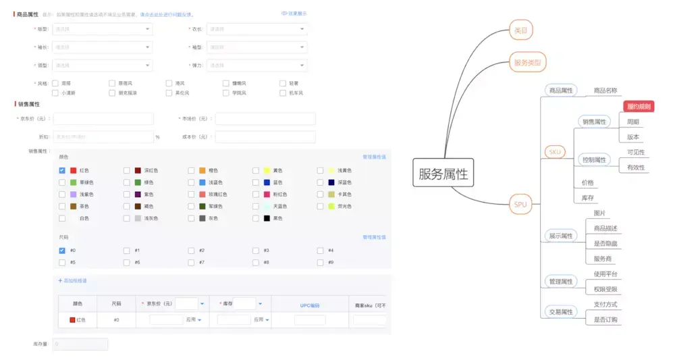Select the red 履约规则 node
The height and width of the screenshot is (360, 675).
point(639,106)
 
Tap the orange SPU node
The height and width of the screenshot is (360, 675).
point(520,204)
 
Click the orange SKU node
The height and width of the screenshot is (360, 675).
point(556,152)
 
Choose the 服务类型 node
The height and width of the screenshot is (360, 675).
point(526,62)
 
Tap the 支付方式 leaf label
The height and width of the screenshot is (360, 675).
point(605,304)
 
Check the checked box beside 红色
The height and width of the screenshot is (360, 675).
point(62,170)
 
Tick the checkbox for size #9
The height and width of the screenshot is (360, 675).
point(320,262)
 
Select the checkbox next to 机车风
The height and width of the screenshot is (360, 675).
point(283,93)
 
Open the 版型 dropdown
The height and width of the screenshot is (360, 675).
point(102,29)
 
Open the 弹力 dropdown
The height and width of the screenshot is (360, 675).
point(256,66)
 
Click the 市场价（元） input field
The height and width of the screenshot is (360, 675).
point(265,119)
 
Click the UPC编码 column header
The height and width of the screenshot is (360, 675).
point(309,304)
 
